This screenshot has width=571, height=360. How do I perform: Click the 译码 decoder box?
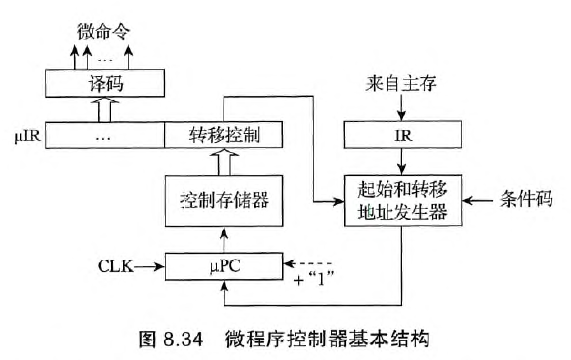[x=102, y=87]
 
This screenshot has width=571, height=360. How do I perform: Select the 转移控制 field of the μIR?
[x=224, y=133]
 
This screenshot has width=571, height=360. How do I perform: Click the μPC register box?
[x=224, y=263]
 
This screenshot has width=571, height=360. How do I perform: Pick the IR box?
[x=402, y=134]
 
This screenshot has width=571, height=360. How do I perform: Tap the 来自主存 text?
[x=402, y=86]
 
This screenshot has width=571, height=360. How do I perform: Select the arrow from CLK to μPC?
[x=151, y=263]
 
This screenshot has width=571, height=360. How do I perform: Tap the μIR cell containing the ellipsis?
[x=102, y=133]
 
